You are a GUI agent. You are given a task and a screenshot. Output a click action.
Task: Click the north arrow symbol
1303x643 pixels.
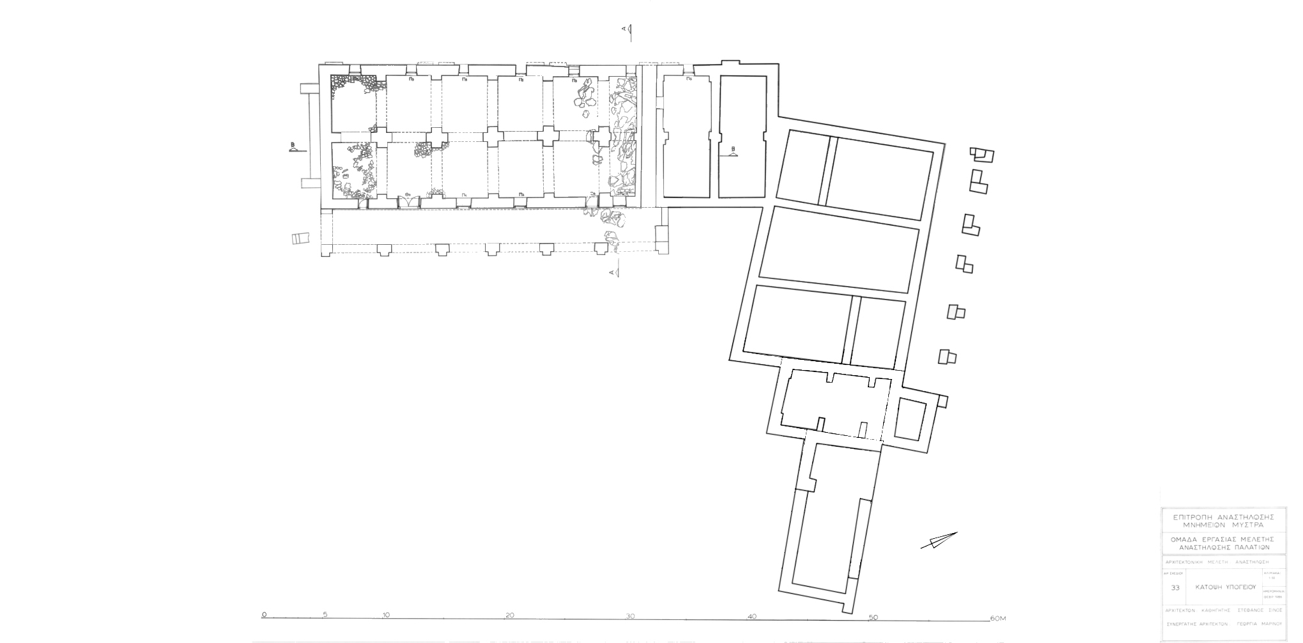[x=939, y=540]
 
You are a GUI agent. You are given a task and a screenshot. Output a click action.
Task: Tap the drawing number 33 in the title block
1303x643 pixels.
[x=1175, y=588]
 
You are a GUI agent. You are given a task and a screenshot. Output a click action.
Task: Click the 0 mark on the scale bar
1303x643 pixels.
[x=264, y=616]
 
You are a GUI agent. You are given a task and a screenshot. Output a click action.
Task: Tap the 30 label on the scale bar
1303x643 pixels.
[x=630, y=616]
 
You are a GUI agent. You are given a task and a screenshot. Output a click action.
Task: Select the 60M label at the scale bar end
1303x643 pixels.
[x=998, y=618]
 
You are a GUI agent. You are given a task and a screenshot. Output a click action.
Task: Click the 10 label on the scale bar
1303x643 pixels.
[x=386, y=616]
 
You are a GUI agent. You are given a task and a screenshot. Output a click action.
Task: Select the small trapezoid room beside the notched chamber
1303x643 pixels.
[x=910, y=419]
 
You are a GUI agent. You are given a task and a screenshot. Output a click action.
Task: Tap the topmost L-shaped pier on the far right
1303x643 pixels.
[x=982, y=155]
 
